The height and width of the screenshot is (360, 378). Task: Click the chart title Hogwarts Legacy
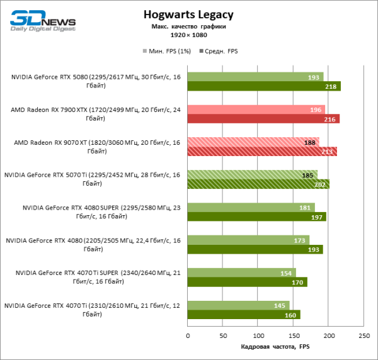point(188,14)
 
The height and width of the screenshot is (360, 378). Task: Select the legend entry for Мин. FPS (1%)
point(166,51)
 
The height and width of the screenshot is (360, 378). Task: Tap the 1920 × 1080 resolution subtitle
point(188,35)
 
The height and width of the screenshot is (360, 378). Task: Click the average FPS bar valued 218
point(264,86)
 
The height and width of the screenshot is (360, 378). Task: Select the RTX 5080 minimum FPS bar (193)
point(255,77)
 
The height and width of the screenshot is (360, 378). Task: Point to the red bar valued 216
point(263,119)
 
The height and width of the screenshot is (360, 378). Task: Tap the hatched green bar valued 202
point(258,184)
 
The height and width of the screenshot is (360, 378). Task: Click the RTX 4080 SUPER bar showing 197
point(256,217)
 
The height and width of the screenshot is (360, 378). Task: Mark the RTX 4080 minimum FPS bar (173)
point(248,240)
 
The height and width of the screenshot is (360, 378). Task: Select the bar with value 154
point(241,273)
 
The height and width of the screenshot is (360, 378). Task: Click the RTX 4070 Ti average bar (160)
point(244,315)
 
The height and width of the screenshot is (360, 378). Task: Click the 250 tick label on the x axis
point(364,335)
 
